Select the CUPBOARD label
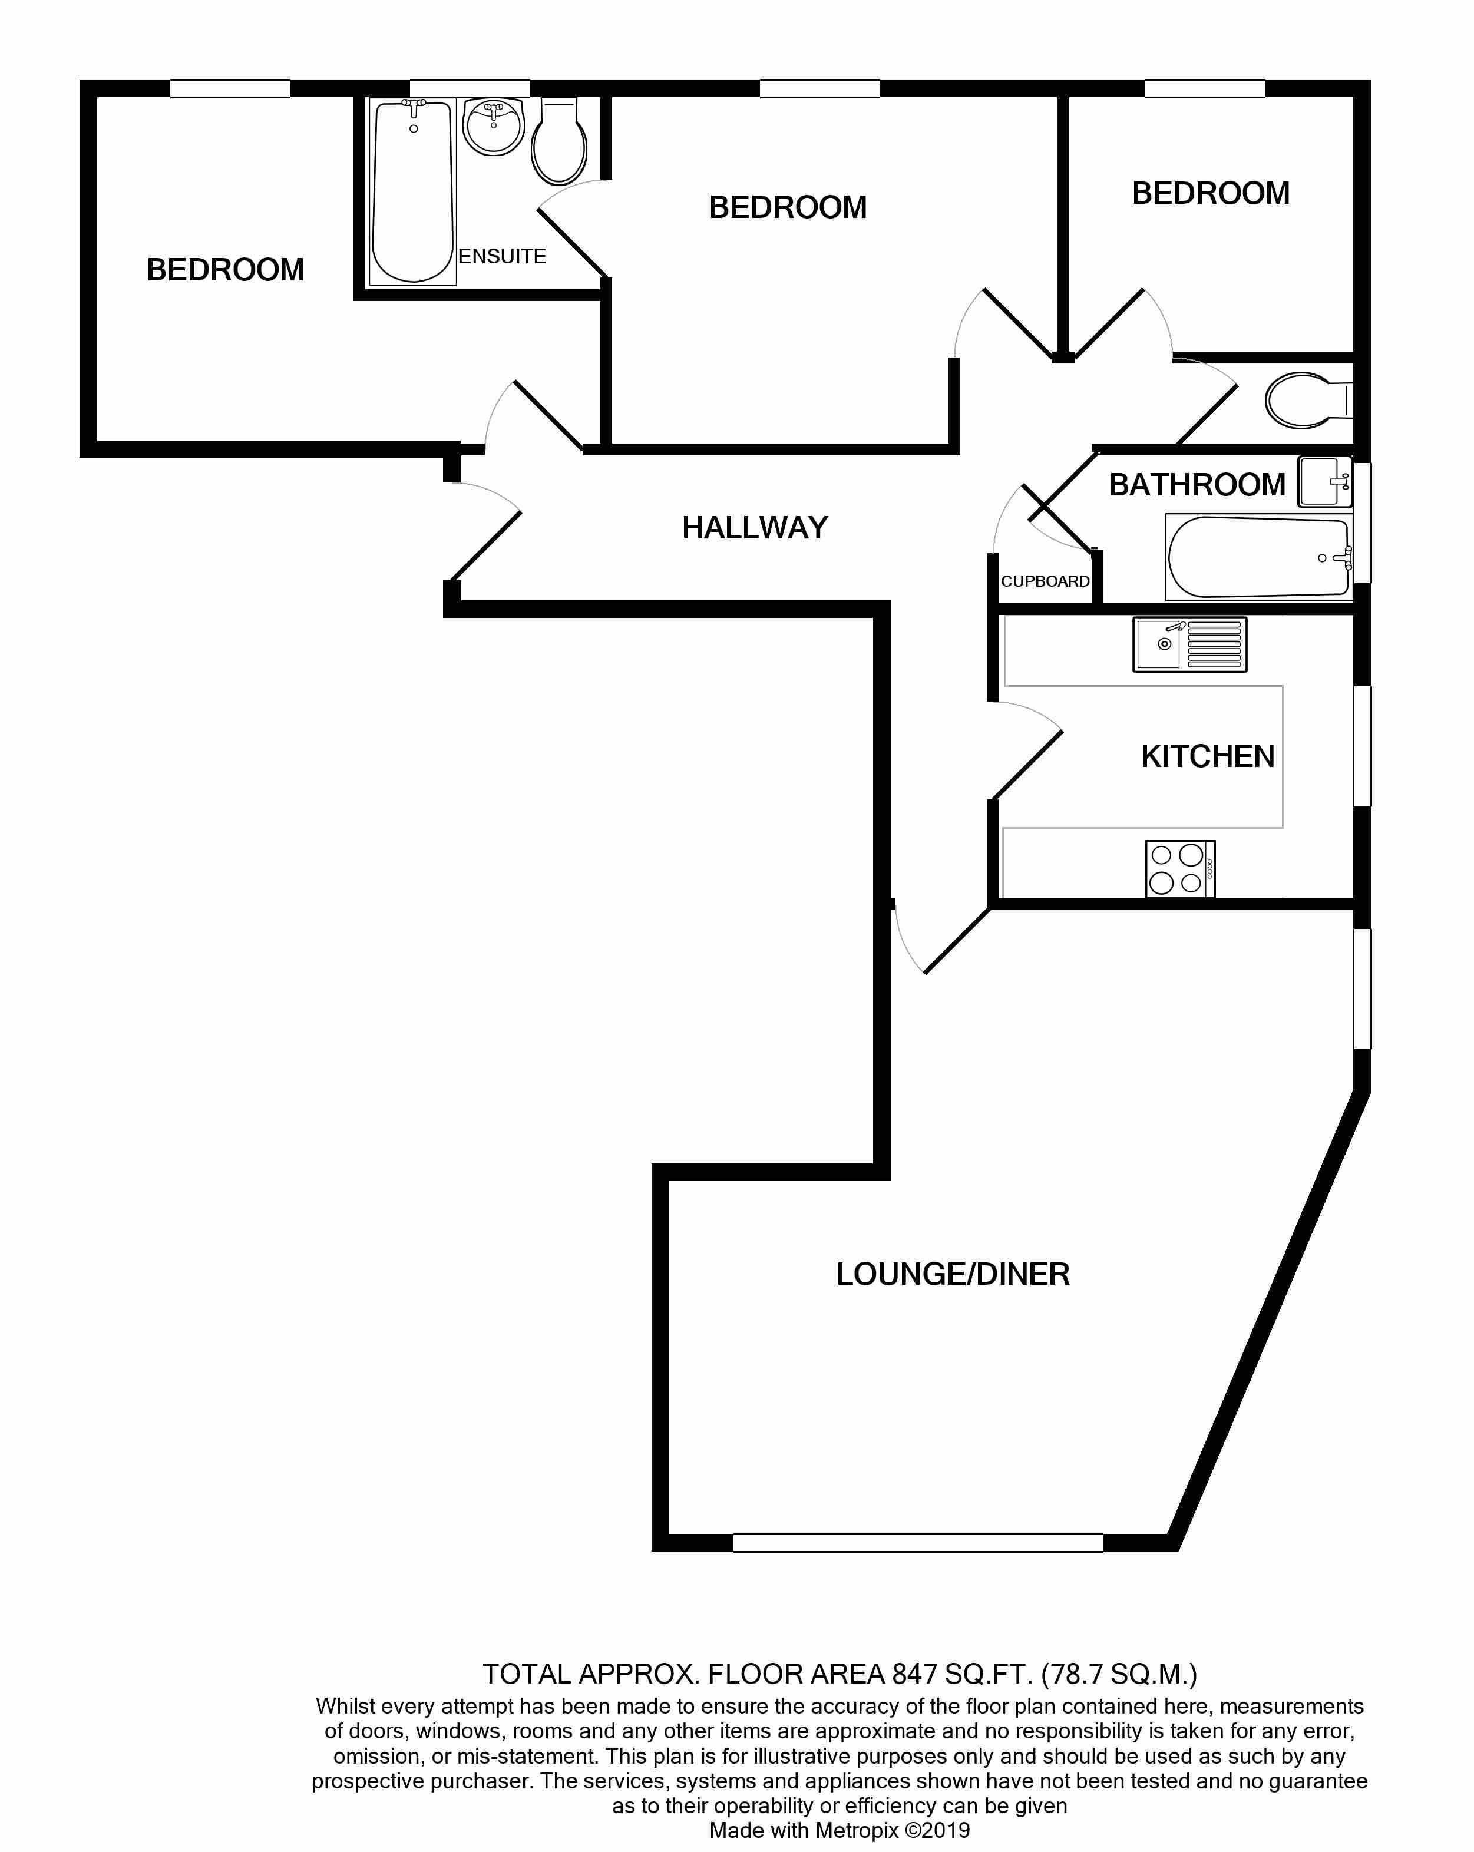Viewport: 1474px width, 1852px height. [1045, 581]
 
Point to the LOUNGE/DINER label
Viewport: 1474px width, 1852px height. [953, 1274]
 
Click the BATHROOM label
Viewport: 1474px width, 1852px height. [1197, 485]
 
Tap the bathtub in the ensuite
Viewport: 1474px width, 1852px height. [413, 191]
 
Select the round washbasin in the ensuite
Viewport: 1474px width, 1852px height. [493, 126]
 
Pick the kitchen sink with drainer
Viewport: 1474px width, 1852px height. [1189, 644]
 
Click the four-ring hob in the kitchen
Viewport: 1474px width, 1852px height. [1179, 868]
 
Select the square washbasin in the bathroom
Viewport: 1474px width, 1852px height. [1324, 482]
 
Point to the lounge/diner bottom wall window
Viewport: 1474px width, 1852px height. [917, 1543]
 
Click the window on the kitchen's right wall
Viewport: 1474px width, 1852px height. [1362, 746]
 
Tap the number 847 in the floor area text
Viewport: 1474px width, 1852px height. [914, 1674]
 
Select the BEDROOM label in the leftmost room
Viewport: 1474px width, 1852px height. [225, 270]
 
